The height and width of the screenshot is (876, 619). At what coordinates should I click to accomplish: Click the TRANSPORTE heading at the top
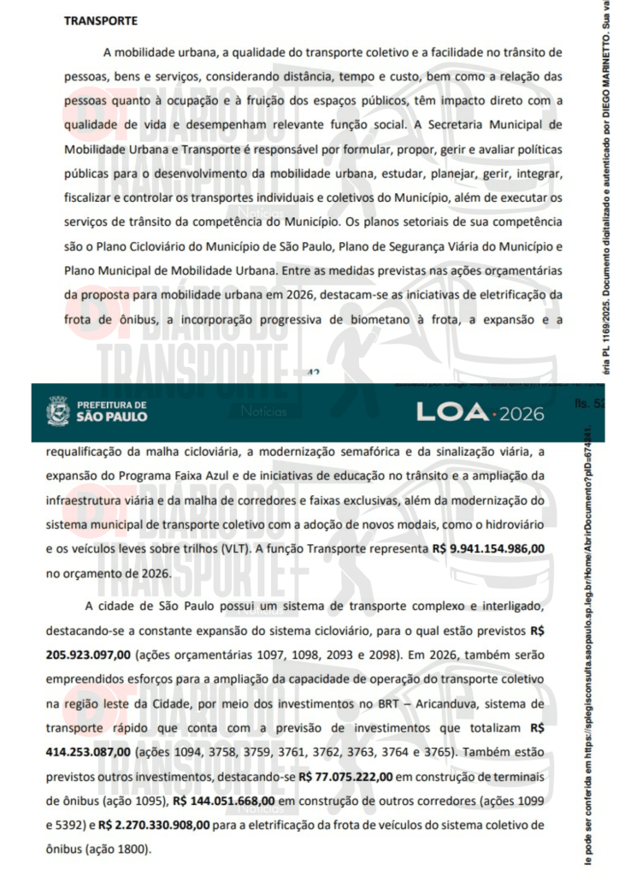tap(100, 20)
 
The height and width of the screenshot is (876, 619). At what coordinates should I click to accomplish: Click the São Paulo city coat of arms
tap(57, 410)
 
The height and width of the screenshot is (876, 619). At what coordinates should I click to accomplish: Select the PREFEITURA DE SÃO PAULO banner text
tap(112, 411)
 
